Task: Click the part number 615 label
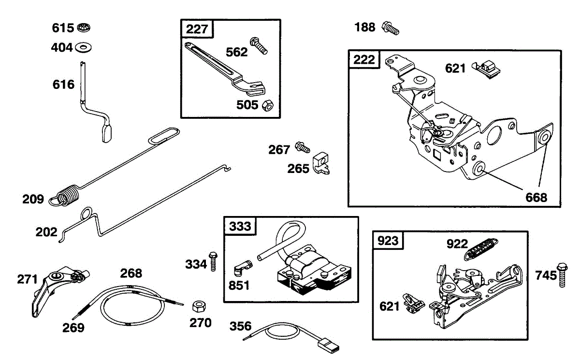(x=63, y=28)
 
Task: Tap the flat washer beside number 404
(x=84, y=47)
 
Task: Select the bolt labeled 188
(x=391, y=28)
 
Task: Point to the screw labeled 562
(x=259, y=45)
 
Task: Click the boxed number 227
(x=197, y=29)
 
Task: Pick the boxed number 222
(x=364, y=59)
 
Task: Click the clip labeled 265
(x=322, y=163)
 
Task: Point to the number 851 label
(x=239, y=286)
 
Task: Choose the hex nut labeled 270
(x=198, y=307)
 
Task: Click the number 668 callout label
(x=536, y=197)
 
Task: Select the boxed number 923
(x=389, y=240)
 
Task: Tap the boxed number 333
(x=240, y=226)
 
